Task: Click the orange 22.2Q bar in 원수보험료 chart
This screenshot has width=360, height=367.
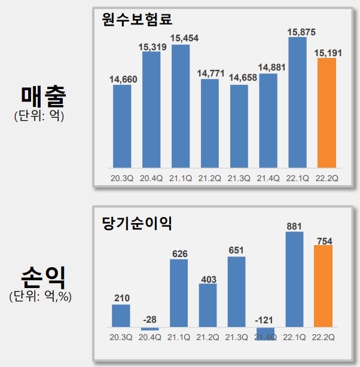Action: click(x=327, y=112)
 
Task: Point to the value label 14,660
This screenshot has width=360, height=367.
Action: click(x=121, y=79)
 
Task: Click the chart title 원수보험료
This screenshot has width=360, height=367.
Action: click(x=137, y=19)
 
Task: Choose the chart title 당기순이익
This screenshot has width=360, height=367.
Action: click(x=137, y=224)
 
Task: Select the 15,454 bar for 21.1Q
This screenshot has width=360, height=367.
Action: click(x=180, y=106)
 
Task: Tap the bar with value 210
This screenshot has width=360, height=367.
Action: click(x=121, y=316)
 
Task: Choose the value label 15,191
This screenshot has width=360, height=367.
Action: click(x=327, y=53)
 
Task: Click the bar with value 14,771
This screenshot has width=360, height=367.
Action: click(x=209, y=123)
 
